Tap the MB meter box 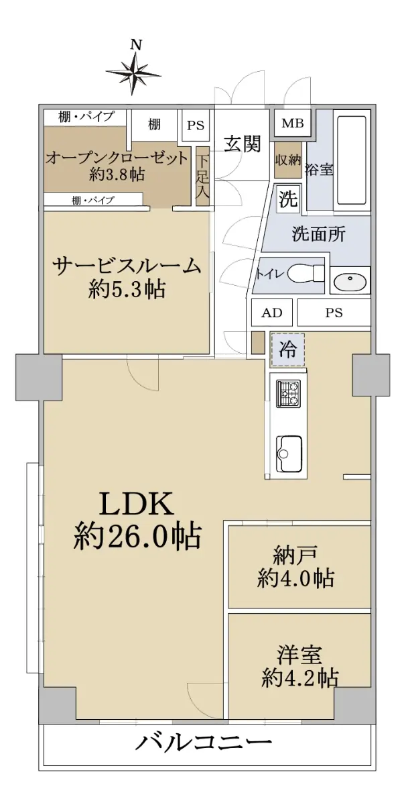(x=292, y=123)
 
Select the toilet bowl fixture (x=305, y=273)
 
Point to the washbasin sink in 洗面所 (x=350, y=280)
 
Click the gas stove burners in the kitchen (x=288, y=393)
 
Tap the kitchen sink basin (x=289, y=453)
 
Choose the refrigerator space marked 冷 (x=287, y=350)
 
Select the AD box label (x=272, y=313)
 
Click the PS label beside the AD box (x=334, y=313)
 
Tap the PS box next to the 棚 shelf (x=196, y=125)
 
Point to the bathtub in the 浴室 (x=352, y=160)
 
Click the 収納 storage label (x=288, y=160)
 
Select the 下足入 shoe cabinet (x=202, y=176)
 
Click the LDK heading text (x=136, y=504)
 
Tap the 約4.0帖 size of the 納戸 (x=295, y=578)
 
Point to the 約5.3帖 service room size (x=127, y=289)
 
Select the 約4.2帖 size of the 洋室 (x=299, y=678)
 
